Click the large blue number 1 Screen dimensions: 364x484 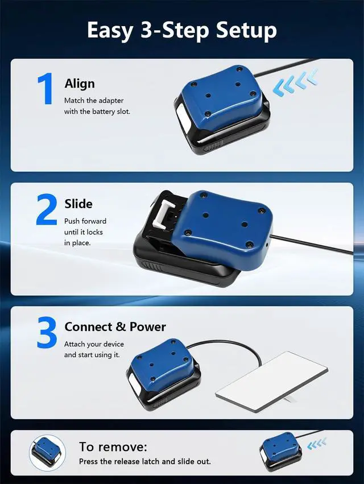tap(45, 89)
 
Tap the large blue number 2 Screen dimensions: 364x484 tap(47, 209)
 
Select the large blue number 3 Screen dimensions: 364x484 tap(47, 333)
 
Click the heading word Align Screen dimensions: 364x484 tap(80, 84)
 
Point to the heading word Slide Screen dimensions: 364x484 tap(78, 204)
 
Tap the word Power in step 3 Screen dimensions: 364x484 tap(147, 326)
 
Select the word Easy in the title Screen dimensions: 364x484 tap(110, 31)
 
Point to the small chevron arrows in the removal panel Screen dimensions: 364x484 tap(317, 444)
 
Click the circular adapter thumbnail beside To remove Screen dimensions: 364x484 tap(48, 453)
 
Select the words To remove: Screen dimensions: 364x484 tap(113, 446)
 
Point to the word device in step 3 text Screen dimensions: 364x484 tap(114, 344)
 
